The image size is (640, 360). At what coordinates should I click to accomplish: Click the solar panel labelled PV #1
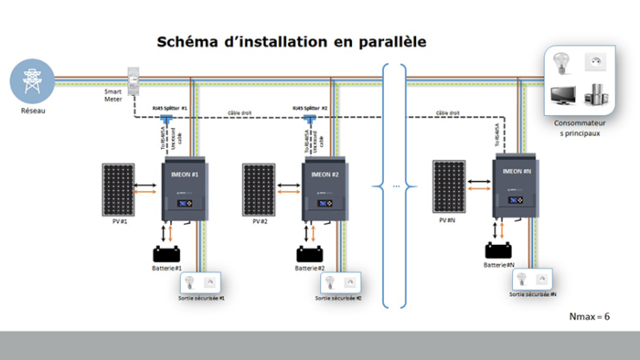coord(118,188)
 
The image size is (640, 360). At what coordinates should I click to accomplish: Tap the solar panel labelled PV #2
coord(260,188)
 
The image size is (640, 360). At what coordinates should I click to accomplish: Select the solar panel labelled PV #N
coord(450,184)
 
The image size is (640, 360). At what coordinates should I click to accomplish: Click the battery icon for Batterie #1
coord(164,254)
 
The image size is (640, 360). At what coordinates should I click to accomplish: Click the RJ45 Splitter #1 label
coord(170,109)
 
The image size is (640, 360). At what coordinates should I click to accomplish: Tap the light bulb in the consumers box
coord(561,65)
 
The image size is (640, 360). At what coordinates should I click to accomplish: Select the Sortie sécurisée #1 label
coord(202,298)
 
